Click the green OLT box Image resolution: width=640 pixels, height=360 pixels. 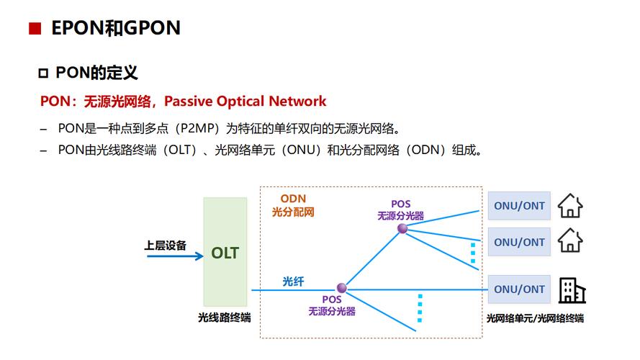pyautogui.click(x=225, y=252)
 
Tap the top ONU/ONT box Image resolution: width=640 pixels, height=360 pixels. pyautogui.click(x=519, y=205)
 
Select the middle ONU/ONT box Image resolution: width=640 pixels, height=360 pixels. pyautogui.click(x=519, y=242)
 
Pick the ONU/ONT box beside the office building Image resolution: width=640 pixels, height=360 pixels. pyautogui.click(x=519, y=289)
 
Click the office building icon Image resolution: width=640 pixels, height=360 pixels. pyautogui.click(x=572, y=289)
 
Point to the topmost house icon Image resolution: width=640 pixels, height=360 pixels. pyautogui.click(x=570, y=205)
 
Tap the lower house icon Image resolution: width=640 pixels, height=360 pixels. pyautogui.click(x=570, y=240)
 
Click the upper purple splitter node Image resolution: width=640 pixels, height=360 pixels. pyautogui.click(x=402, y=228)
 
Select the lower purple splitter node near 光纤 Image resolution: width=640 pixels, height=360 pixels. pyautogui.click(x=342, y=288)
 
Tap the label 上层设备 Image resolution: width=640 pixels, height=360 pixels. pyautogui.click(x=165, y=245)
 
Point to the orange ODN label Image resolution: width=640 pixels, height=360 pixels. pyautogui.click(x=293, y=199)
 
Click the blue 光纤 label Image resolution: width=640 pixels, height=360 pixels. pyautogui.click(x=294, y=281)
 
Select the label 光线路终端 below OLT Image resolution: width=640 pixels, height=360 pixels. pyautogui.click(x=225, y=317)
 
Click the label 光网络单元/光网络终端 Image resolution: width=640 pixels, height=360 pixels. pyautogui.click(x=535, y=318)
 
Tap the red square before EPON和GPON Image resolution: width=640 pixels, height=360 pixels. pyautogui.click(x=33, y=29)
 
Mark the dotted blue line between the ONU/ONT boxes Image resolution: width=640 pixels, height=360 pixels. pyautogui.click(x=473, y=253)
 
